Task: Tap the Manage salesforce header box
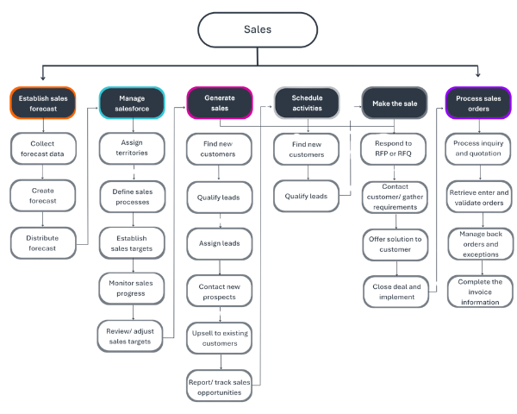click(x=132, y=103)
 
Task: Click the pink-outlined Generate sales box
click(x=220, y=103)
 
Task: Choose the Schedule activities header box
click(x=307, y=103)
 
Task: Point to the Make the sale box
click(x=394, y=103)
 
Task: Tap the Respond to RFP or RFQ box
click(x=394, y=148)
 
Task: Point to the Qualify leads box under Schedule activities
click(x=307, y=195)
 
